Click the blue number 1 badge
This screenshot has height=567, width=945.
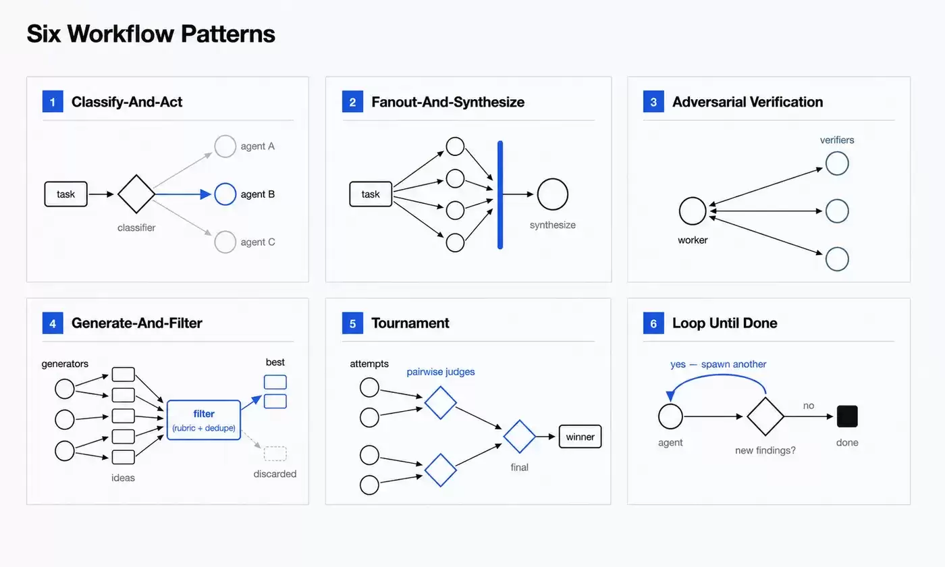tap(53, 102)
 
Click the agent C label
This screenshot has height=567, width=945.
tap(258, 242)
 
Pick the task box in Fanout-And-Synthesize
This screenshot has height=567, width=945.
tap(371, 194)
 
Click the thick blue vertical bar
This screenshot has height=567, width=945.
tap(500, 195)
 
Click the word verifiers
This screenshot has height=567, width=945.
tap(837, 140)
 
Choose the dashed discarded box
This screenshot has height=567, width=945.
tap(275, 454)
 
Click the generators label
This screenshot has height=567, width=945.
tap(65, 364)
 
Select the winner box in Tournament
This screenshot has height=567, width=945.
tap(580, 437)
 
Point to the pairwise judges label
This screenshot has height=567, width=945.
tap(440, 372)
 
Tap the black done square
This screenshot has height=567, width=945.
tap(847, 416)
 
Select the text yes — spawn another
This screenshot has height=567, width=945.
tap(718, 364)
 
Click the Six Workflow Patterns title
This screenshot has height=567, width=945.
tap(151, 34)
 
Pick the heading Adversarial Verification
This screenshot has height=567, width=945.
tap(748, 102)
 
